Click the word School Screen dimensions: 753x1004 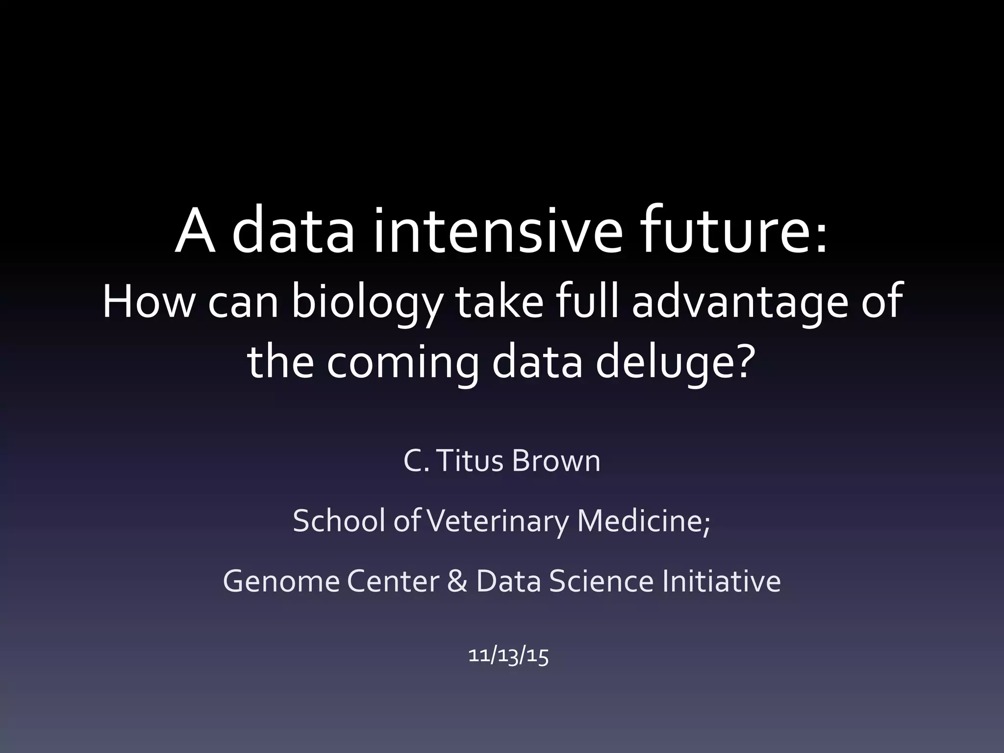coord(338,521)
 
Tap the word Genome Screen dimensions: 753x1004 coord(280,581)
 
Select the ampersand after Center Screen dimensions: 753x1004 coord(457,581)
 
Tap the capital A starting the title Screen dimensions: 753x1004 coord(195,230)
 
